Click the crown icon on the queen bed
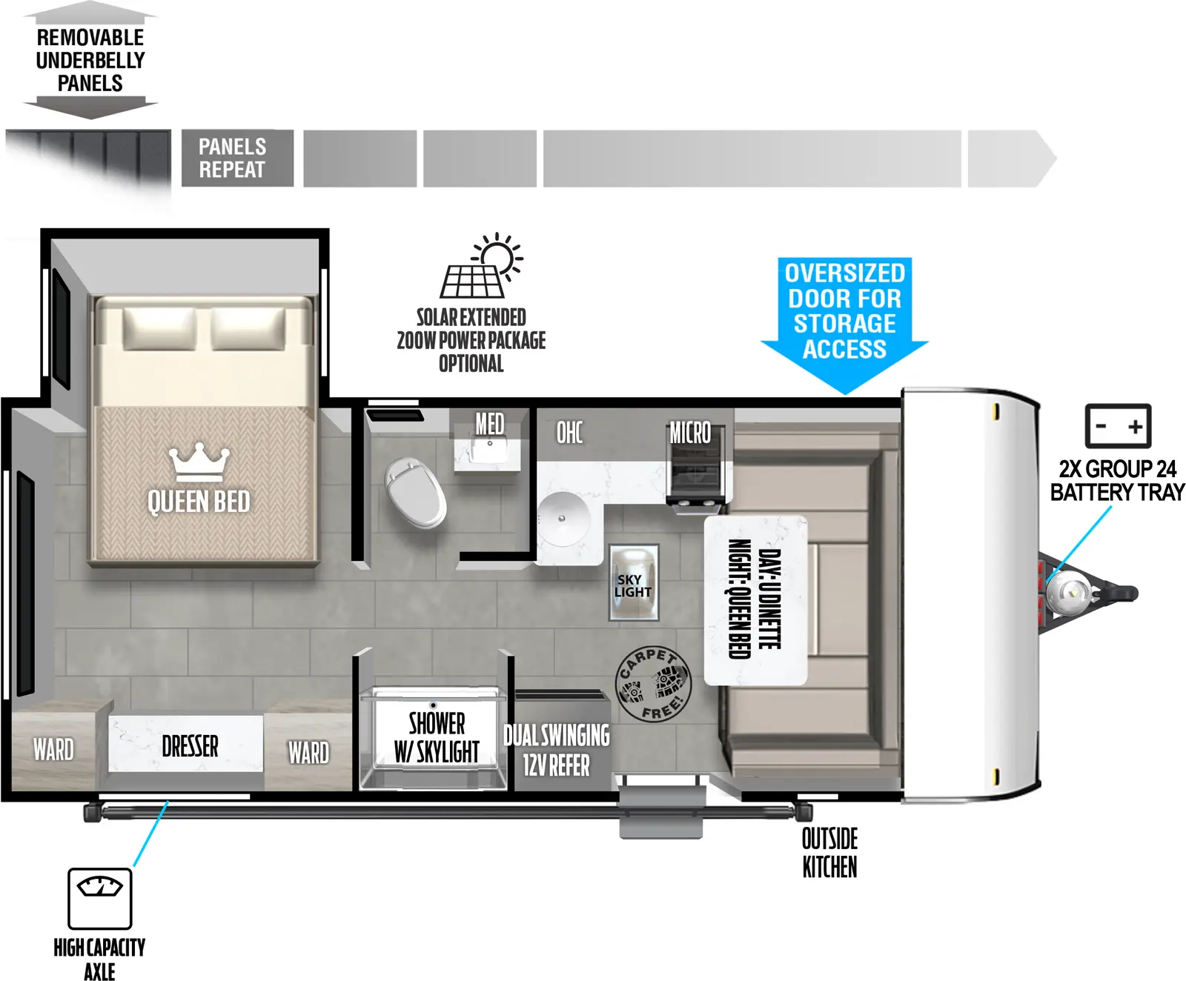(x=199, y=463)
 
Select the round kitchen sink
(x=563, y=518)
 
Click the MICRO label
(x=690, y=433)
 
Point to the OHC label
(x=569, y=433)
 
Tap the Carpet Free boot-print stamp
(x=653, y=684)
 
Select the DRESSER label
(x=190, y=745)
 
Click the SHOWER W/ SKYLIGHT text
(x=437, y=737)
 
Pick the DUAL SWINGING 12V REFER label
(x=557, y=750)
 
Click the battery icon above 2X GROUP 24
(x=1118, y=426)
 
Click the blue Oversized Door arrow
(x=844, y=319)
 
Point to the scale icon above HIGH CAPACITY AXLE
(x=99, y=898)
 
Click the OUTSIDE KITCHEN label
(x=829, y=853)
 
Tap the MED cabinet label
(x=489, y=425)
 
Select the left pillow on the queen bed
(x=159, y=328)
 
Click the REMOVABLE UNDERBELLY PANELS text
(x=90, y=61)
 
